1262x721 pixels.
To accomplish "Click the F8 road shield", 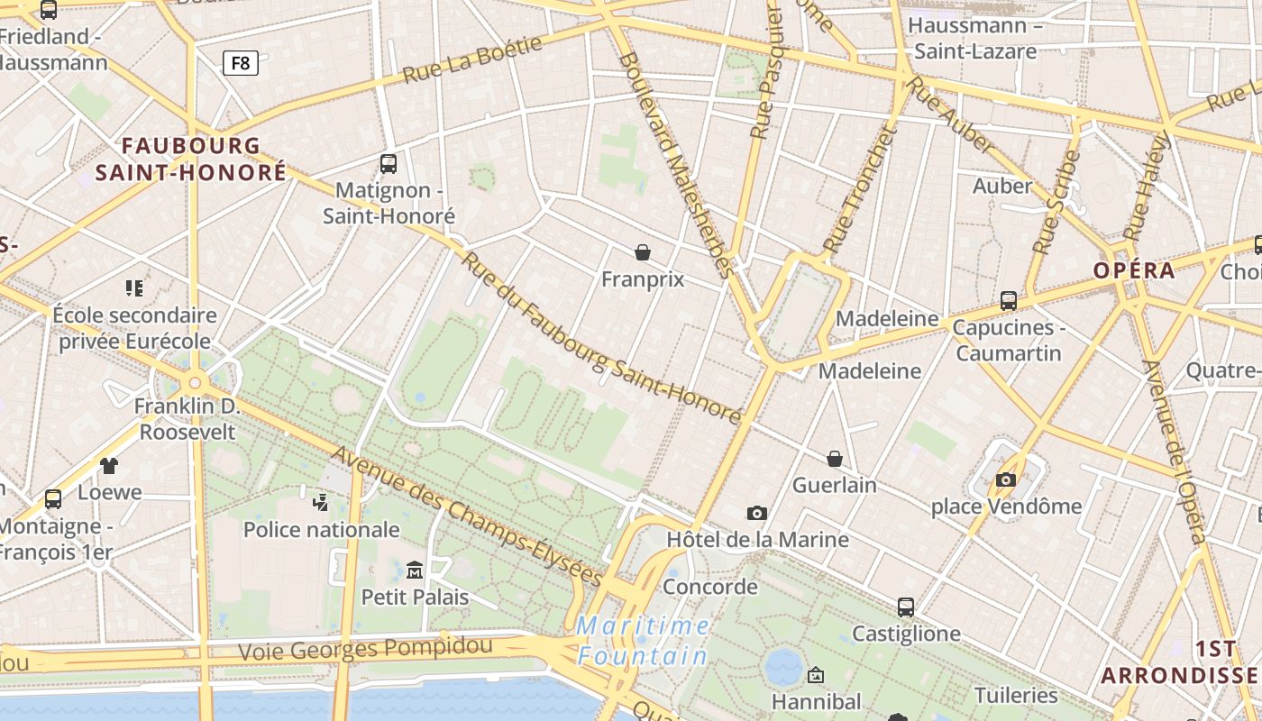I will click(241, 63).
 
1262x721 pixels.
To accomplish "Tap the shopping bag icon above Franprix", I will click(643, 252).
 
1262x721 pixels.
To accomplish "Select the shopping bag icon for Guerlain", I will click(835, 459).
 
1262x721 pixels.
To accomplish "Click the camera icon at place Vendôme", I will click(1006, 479).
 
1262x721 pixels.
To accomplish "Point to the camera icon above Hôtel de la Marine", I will click(757, 513).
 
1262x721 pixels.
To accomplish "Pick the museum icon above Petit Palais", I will click(415, 570).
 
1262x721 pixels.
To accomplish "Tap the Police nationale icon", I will click(320, 502).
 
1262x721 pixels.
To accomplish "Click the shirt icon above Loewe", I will click(109, 466).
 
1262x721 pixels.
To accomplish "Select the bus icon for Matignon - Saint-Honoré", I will click(389, 164).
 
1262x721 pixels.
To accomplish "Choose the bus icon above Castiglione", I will click(906, 607).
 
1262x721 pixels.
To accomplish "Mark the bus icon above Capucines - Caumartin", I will click(1009, 301).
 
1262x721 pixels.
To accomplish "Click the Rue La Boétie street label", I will click(472, 59).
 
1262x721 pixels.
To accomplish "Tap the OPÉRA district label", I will click(1134, 270).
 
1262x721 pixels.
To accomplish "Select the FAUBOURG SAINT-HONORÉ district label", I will click(191, 159).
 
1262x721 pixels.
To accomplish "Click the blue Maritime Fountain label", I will click(643, 641).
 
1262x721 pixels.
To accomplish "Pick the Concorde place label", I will click(710, 587).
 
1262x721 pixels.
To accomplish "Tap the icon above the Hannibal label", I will click(815, 674).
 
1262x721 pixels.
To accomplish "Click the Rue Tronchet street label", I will click(860, 189).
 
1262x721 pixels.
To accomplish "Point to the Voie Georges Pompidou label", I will click(365, 648).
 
